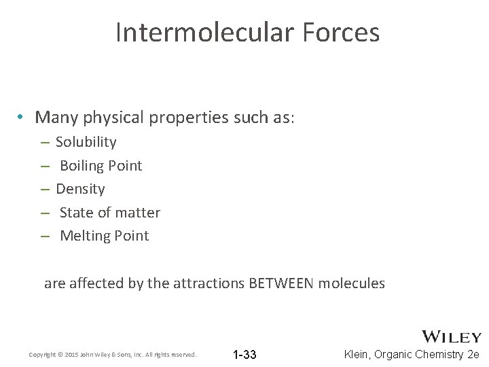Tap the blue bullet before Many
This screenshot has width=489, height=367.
click(x=22, y=118)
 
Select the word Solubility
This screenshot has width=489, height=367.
click(x=86, y=142)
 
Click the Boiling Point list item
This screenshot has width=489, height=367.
click(x=101, y=166)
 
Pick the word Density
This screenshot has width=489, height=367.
click(x=80, y=189)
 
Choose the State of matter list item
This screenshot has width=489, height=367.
click(x=109, y=213)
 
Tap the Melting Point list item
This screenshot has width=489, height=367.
click(x=104, y=236)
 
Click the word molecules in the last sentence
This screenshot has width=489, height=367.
click(x=352, y=283)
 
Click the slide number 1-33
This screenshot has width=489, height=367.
click(x=244, y=355)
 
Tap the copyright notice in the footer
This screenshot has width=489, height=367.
click(x=113, y=355)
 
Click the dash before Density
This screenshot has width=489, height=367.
click(x=43, y=189)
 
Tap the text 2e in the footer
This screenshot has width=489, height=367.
click(x=473, y=355)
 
